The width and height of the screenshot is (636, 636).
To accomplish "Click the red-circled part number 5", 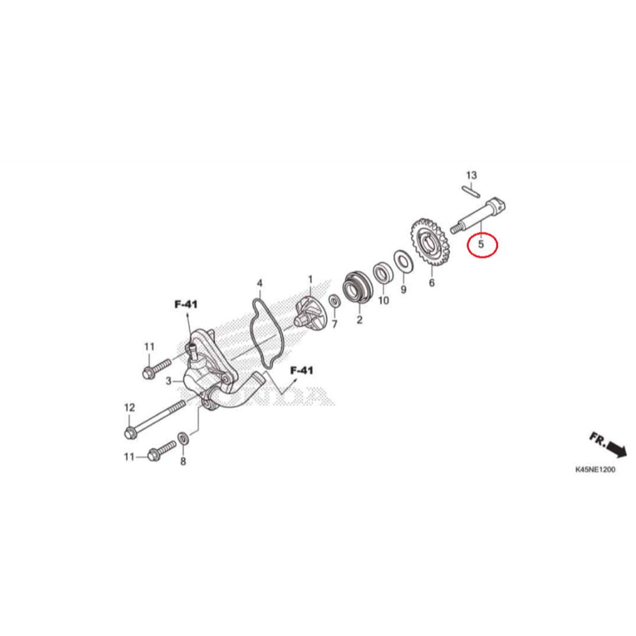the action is [481, 244].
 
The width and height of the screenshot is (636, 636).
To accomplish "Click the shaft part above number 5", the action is [479, 216].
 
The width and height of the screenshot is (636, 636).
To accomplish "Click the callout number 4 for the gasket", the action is [260, 283].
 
